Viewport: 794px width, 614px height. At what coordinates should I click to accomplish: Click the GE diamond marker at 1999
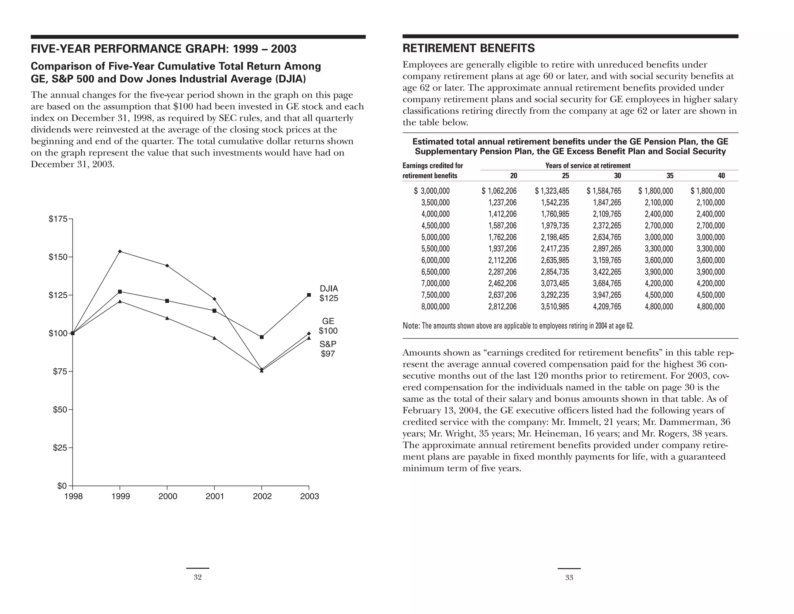[120, 251]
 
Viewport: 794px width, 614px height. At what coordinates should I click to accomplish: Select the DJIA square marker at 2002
[262, 337]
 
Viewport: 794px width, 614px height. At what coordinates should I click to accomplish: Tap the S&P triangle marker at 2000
[167, 318]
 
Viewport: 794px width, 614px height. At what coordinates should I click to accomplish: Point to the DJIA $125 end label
[329, 293]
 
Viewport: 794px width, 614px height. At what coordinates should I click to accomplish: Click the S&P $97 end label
[328, 349]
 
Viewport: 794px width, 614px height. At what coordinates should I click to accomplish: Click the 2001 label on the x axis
[215, 496]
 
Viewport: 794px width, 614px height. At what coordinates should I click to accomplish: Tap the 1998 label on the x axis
[73, 496]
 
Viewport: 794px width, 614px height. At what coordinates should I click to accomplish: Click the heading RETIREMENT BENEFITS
[468, 49]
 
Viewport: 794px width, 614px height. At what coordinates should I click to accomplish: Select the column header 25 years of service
[565, 176]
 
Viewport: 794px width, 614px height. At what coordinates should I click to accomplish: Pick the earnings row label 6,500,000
[435, 272]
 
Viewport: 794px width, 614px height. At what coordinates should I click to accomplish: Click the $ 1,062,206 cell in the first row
[499, 191]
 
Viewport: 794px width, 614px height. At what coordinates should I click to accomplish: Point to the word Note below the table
[411, 326]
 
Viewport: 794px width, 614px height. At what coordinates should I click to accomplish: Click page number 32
[197, 578]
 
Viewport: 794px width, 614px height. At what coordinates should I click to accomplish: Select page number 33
[569, 578]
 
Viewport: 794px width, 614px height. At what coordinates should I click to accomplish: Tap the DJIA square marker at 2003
[309, 295]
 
